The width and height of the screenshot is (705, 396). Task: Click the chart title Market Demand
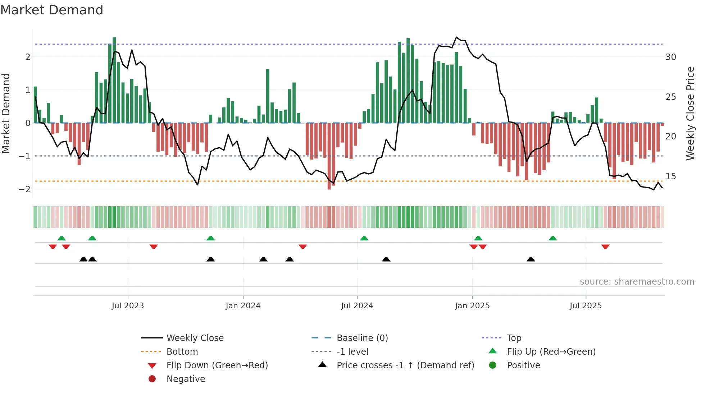pos(52,10)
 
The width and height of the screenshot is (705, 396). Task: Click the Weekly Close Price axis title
pos(690,113)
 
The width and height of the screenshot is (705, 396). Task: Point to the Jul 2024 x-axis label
pos(357,306)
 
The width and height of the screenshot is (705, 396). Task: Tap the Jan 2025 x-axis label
pos(472,306)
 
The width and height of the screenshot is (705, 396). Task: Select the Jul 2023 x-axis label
pos(128,306)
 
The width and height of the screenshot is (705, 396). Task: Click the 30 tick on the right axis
pos(671,57)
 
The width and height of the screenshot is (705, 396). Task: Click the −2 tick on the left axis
pos(24,189)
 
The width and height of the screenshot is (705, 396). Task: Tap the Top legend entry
pos(514,338)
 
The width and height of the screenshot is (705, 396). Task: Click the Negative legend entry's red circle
pos(152,379)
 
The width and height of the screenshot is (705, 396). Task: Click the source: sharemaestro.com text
pos(637,282)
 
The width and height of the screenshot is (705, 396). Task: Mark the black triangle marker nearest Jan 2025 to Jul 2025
pos(531,259)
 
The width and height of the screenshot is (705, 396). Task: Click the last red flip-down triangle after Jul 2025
pos(605,247)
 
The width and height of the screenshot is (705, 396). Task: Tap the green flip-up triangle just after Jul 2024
pos(364,238)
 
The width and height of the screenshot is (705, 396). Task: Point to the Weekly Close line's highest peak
pos(456,37)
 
